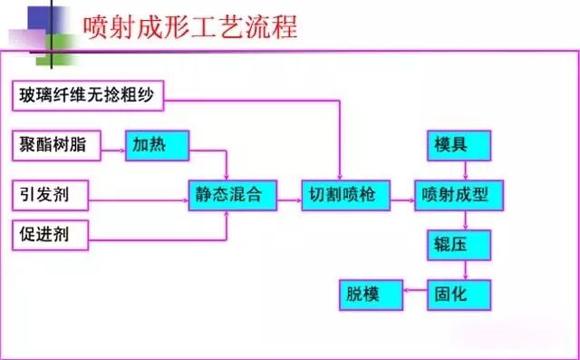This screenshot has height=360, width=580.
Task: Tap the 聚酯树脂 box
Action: pos(56,144)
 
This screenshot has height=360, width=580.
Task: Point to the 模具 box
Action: pos(459,145)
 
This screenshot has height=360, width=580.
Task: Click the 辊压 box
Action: pos(459,243)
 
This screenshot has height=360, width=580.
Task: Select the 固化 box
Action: pos(459,293)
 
